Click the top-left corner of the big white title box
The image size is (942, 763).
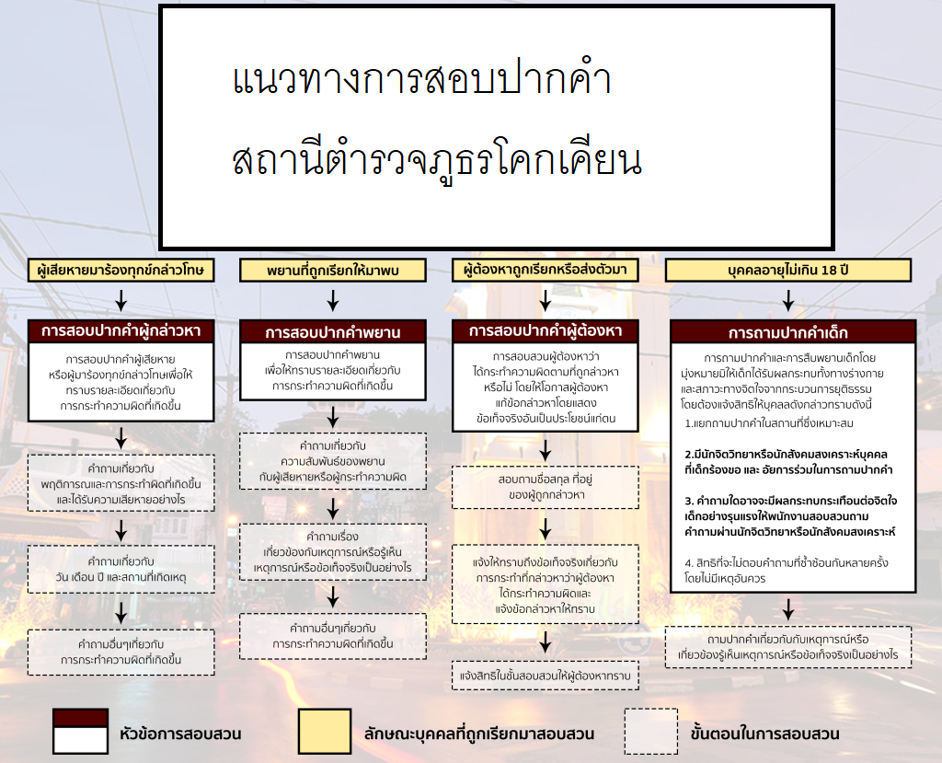pyautogui.click(x=160, y=6)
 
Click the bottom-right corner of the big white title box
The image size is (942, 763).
pyautogui.click(x=834, y=249)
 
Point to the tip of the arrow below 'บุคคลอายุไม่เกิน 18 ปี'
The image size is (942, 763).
pyautogui.click(x=788, y=311)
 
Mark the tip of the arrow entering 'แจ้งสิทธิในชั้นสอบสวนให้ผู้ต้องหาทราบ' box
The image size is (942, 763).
pyautogui.click(x=545, y=653)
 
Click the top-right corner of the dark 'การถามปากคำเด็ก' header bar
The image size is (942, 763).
pyautogui.click(x=915, y=320)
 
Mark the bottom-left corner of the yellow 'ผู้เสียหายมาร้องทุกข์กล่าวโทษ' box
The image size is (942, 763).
pyautogui.click(x=29, y=282)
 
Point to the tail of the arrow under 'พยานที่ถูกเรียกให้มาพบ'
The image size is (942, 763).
pyautogui.click(x=333, y=290)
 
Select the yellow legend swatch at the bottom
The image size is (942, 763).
pyautogui.click(x=325, y=731)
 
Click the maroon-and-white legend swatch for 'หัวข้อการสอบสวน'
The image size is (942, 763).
pyautogui.click(x=81, y=731)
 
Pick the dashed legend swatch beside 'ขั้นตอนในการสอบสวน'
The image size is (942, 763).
pyautogui.click(x=651, y=731)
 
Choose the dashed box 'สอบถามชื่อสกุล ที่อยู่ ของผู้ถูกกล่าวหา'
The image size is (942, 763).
pyautogui.click(x=545, y=487)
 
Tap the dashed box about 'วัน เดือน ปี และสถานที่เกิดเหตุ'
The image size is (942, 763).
pyautogui.click(x=121, y=569)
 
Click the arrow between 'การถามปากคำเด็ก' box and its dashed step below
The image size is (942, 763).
pyautogui.click(x=788, y=609)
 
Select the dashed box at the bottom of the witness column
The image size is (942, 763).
pyautogui.click(x=333, y=636)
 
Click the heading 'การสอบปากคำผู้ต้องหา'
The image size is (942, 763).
pyautogui.click(x=545, y=330)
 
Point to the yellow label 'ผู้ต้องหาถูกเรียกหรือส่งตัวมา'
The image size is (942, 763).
pyautogui.click(x=545, y=270)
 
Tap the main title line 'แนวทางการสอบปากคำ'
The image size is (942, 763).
pyautogui.click(x=421, y=79)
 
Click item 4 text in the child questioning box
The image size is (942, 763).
pyautogui.click(x=787, y=571)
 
